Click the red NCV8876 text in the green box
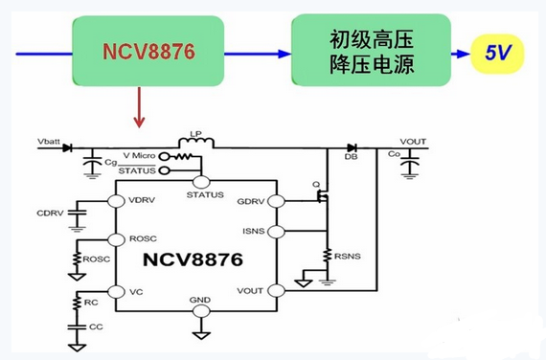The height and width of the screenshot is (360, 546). pos(148,52)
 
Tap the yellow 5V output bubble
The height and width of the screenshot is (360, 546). pos(497,54)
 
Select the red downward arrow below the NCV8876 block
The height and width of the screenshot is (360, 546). pos(139,107)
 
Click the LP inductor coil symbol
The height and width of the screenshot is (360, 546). pos(196,143)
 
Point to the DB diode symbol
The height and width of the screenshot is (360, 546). pos(352,148)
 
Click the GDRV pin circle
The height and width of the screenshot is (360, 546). pos(277,201)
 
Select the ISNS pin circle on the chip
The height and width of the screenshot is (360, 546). pos(277,232)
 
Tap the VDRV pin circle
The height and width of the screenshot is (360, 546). pos(116,201)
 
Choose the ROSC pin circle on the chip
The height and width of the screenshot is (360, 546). pos(116,239)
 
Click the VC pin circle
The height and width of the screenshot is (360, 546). pos(116,292)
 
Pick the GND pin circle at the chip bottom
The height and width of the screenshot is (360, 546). pos(201,311)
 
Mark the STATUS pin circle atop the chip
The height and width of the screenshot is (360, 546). pos(201,182)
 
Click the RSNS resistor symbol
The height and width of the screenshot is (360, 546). pos(327,256)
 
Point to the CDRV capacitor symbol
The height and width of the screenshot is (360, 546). pos(77,213)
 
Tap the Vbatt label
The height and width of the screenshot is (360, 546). pos(49,142)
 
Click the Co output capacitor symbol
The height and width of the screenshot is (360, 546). pos(410,162)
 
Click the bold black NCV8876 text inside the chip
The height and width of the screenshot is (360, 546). pos(193,259)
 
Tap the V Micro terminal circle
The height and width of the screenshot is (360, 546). pos(164,156)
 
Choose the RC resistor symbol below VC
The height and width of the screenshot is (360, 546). pos(77,303)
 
